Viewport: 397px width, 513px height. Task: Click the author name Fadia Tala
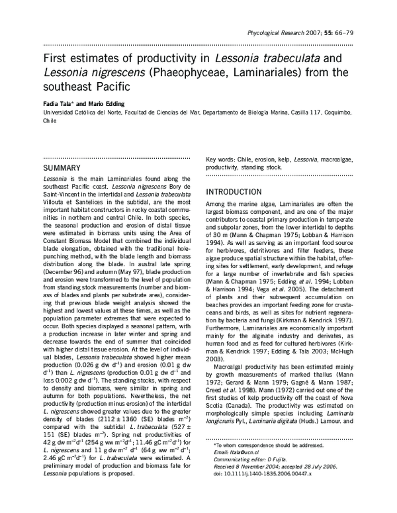[x=60, y=103]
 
